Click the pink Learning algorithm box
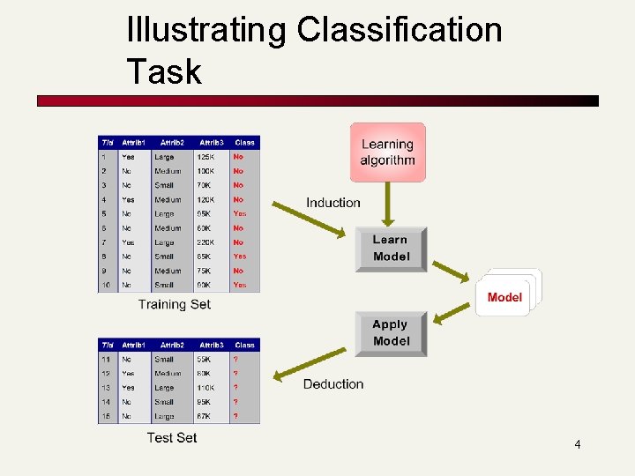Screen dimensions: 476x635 [387, 152]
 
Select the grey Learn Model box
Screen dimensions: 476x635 [391, 249]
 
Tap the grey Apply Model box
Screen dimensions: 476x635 [391, 333]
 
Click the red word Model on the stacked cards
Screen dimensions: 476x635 [504, 297]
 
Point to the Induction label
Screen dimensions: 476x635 [333, 203]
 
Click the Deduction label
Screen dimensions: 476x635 [333, 383]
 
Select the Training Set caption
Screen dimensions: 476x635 [175, 304]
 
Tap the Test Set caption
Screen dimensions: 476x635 [172, 437]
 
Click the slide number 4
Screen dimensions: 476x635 [578, 444]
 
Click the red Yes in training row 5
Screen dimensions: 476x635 [240, 213]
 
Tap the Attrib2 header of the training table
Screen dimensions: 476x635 [172, 142]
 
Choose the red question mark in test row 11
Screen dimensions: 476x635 [235, 360]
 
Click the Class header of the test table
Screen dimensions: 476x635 [244, 346]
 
